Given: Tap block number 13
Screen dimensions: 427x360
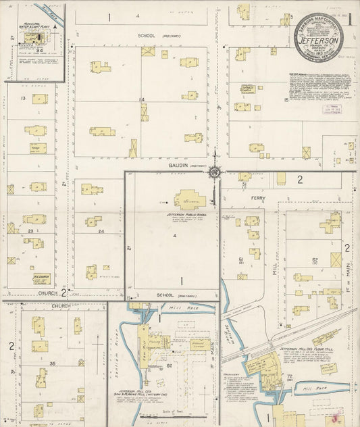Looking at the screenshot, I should [22, 99].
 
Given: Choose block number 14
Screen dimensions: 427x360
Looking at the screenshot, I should [141, 100].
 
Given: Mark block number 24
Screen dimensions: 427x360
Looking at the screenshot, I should [101, 232].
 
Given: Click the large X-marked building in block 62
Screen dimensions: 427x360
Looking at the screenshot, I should [336, 259].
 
